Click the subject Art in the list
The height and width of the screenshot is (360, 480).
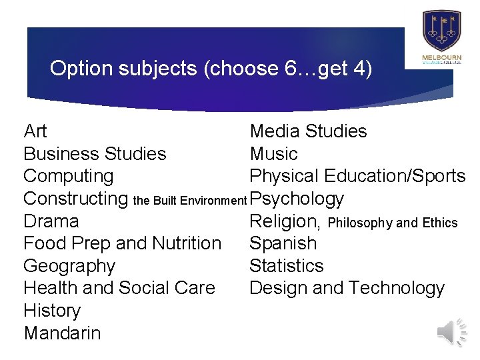coord(35,131)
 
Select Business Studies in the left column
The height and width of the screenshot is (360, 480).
coord(95,154)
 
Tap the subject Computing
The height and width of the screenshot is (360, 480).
coord(69,177)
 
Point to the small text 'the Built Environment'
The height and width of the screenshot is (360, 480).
coord(191,200)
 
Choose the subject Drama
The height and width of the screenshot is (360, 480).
coord(51,221)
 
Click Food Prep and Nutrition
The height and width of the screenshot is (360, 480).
coord(122,244)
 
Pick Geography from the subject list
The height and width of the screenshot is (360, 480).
coord(69,267)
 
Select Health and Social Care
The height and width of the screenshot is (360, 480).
coord(119,289)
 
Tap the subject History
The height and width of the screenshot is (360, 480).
coord(52,311)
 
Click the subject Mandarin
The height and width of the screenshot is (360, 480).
coord(62,333)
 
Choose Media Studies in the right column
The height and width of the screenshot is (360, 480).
coord(308,131)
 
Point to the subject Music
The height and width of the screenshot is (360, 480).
coord(273,154)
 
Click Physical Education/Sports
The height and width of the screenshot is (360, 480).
coord(357,177)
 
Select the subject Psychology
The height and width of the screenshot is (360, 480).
coord(297,199)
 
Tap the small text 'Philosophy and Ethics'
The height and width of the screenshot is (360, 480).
coord(393,223)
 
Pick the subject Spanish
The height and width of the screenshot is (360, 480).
coord(283,244)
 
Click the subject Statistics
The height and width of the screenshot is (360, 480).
coord(286,266)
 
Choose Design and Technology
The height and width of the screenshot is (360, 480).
coord(347,289)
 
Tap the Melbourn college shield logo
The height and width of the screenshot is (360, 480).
coord(441,31)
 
